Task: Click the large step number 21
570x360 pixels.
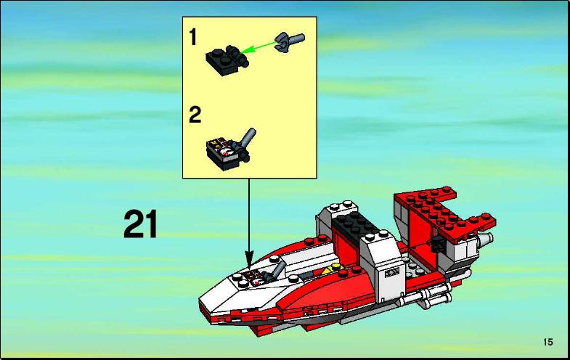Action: click(x=141, y=224)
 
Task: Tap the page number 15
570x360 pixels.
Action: click(x=547, y=342)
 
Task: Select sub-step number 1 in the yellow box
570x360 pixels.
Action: click(x=193, y=37)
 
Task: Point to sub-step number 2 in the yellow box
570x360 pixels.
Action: click(x=195, y=115)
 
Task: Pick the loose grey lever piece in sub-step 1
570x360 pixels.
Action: click(x=290, y=42)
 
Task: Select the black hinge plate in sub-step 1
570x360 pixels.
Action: click(x=227, y=60)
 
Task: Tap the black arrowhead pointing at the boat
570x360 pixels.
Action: click(x=249, y=261)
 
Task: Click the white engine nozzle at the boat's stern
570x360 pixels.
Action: click(x=484, y=239)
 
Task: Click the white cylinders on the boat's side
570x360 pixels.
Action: click(x=427, y=295)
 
